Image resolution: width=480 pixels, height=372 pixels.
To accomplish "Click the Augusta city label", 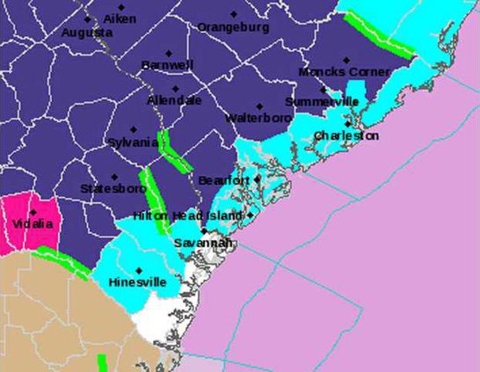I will pyautogui.click(x=87, y=33).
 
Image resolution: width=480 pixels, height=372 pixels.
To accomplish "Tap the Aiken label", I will pyautogui.click(x=120, y=18).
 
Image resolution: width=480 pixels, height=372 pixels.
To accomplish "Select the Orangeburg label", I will pyautogui.click(x=233, y=27).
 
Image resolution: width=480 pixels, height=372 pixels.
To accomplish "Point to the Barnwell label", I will pyautogui.click(x=167, y=65).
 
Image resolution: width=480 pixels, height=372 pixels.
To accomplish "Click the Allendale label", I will pyautogui.click(x=174, y=100).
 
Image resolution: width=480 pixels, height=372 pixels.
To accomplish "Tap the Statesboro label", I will pyautogui.click(x=113, y=189).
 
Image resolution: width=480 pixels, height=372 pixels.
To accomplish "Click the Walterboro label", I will pyautogui.click(x=258, y=117).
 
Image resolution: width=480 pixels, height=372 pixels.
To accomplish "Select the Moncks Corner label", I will pyautogui.click(x=344, y=72).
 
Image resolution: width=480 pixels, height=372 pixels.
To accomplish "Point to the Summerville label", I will pyautogui.click(x=322, y=102).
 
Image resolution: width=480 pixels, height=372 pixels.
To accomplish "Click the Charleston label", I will pyautogui.click(x=346, y=136).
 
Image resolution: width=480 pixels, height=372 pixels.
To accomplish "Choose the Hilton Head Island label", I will pyautogui.click(x=187, y=215).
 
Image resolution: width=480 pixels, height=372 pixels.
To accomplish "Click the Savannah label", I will pyautogui.click(x=202, y=243).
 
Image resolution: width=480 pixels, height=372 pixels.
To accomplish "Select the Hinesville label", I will pyautogui.click(x=136, y=282).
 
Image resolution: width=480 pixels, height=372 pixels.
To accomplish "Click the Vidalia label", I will pyautogui.click(x=33, y=223).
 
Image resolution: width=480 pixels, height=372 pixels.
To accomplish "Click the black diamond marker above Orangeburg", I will pyautogui.click(x=234, y=14).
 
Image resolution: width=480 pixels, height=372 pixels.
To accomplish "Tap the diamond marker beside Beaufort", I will pyautogui.click(x=258, y=179).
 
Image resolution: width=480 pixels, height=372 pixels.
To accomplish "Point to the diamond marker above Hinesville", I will pyautogui.click(x=139, y=270).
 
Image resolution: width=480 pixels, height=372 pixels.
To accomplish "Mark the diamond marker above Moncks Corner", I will pyautogui.click(x=345, y=60).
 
